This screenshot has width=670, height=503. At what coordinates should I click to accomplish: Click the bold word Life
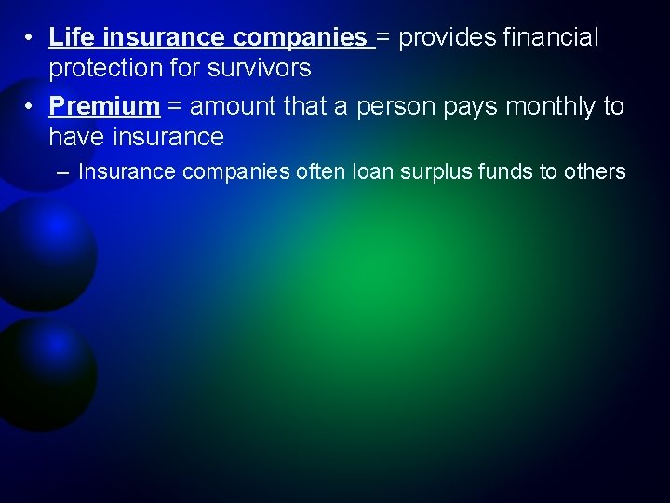pos(73,37)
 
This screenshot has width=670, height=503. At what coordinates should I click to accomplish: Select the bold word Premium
pos(104,106)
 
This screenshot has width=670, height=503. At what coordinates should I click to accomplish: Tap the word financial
pos(550,37)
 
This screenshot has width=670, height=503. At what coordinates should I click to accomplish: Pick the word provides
pos(447,37)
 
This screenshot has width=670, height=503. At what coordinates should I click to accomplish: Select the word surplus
pos(439,171)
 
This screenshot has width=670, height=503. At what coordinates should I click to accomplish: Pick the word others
pos(595,171)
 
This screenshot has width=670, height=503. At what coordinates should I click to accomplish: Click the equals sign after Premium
pos(174,106)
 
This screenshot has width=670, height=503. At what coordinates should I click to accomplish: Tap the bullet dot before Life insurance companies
pos(31,37)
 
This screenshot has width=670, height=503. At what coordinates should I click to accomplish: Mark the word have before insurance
pos(76,138)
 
